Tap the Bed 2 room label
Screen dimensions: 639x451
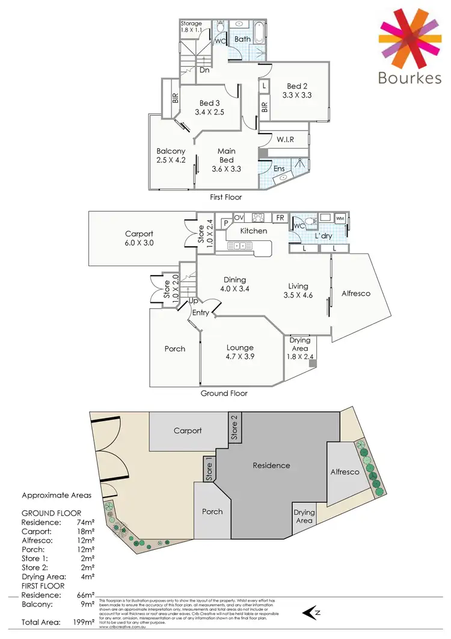298,86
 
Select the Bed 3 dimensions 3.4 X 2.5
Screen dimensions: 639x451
209,111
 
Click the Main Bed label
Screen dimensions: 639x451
226,155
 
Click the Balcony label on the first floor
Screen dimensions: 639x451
171,151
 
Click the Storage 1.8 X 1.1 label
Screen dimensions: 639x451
191,27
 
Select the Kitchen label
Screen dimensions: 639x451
254,231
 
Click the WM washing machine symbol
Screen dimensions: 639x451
340,218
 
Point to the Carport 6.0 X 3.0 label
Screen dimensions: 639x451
139,238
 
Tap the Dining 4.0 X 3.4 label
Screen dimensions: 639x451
235,284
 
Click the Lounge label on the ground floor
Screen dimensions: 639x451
240,348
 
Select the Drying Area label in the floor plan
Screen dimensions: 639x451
299,344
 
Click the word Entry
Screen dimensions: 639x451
200,313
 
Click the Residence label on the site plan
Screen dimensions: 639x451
271,465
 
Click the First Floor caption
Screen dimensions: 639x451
226,197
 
